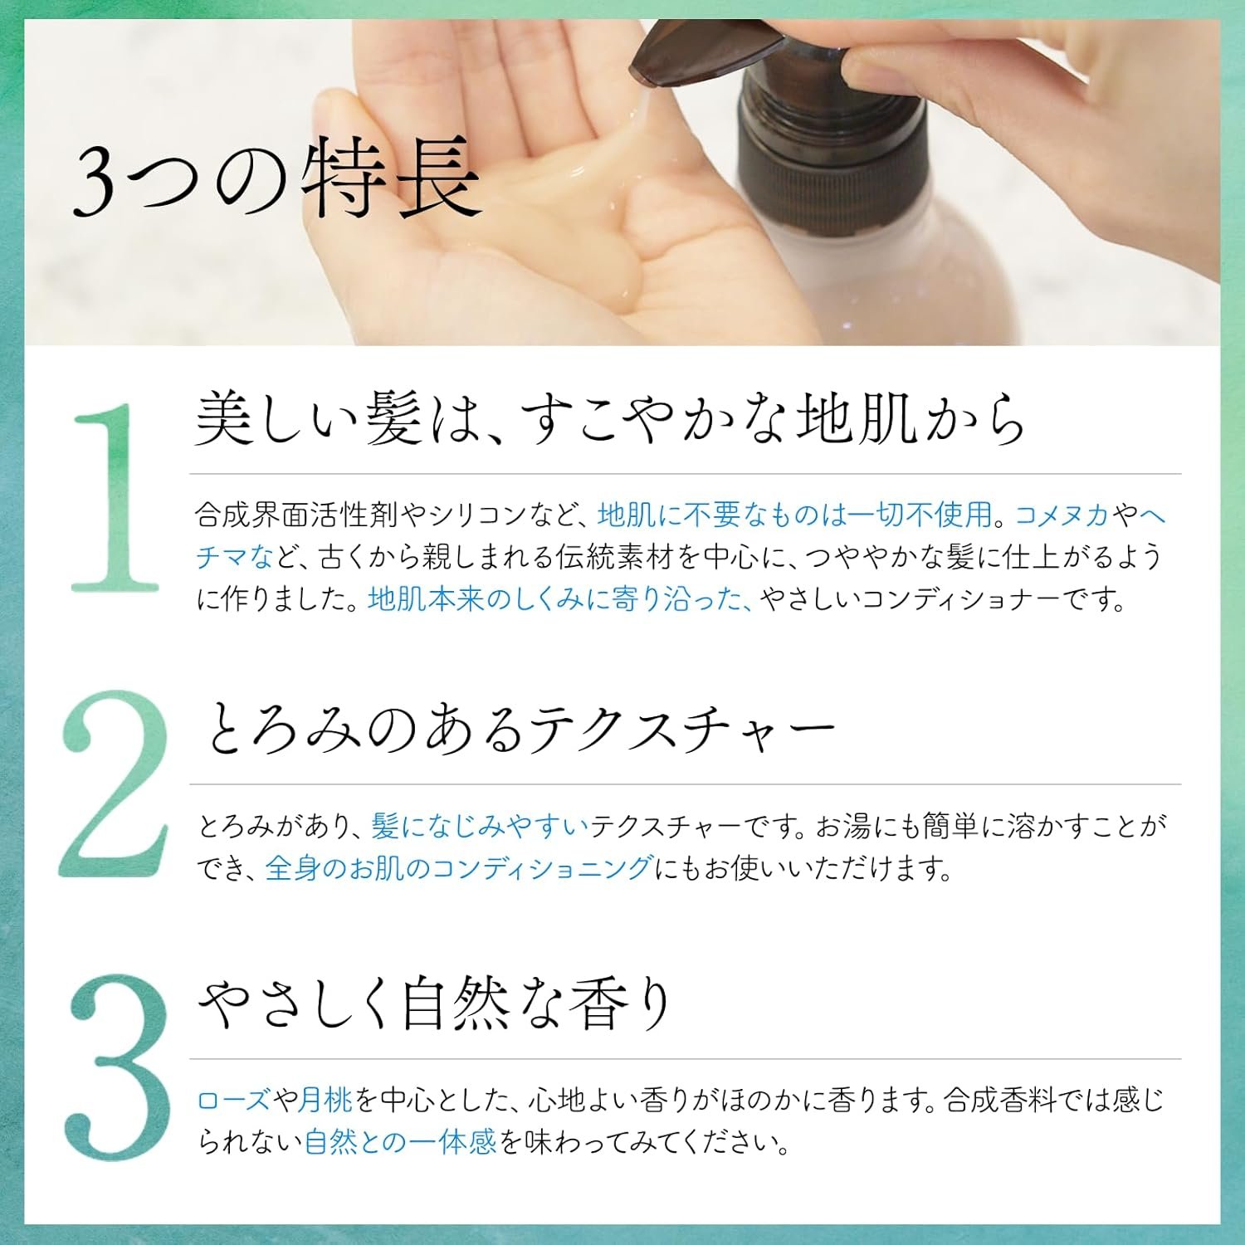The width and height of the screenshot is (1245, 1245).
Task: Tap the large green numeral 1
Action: [x=115, y=497]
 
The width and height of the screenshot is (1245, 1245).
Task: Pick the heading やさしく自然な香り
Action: [x=434, y=1003]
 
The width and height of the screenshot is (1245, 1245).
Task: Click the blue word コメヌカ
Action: [x=1062, y=515]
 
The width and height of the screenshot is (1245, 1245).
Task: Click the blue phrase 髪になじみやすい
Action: [x=480, y=826]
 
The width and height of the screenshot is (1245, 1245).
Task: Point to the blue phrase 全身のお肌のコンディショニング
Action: [x=458, y=868]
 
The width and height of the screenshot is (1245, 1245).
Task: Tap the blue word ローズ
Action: [x=234, y=1100]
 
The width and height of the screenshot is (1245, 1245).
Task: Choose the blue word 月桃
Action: [x=326, y=1100]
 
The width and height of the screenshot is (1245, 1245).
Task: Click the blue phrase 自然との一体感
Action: [x=400, y=1142]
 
